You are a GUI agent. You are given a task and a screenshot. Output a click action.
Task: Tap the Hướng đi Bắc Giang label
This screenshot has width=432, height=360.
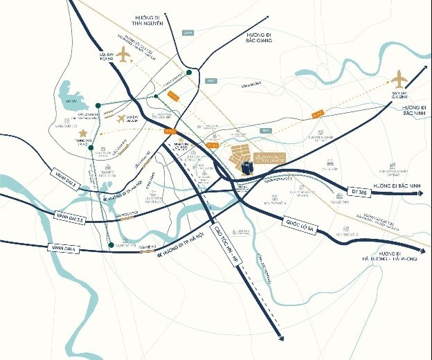click(x=254, y=37)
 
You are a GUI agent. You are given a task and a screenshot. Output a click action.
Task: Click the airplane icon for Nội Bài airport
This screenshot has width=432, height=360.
click(x=124, y=53)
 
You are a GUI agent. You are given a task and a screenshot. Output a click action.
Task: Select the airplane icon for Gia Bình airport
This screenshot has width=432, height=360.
click(x=399, y=78)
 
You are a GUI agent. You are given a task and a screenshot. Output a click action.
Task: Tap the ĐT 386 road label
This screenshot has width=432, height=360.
click(x=357, y=190)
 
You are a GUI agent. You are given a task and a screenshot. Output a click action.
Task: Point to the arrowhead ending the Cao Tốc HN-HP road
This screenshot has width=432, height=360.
click(x=280, y=337)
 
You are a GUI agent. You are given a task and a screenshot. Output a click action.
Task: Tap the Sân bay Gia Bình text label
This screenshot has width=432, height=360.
click(x=399, y=93)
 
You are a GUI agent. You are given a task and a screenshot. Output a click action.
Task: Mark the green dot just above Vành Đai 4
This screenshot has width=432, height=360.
click(x=110, y=245)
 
